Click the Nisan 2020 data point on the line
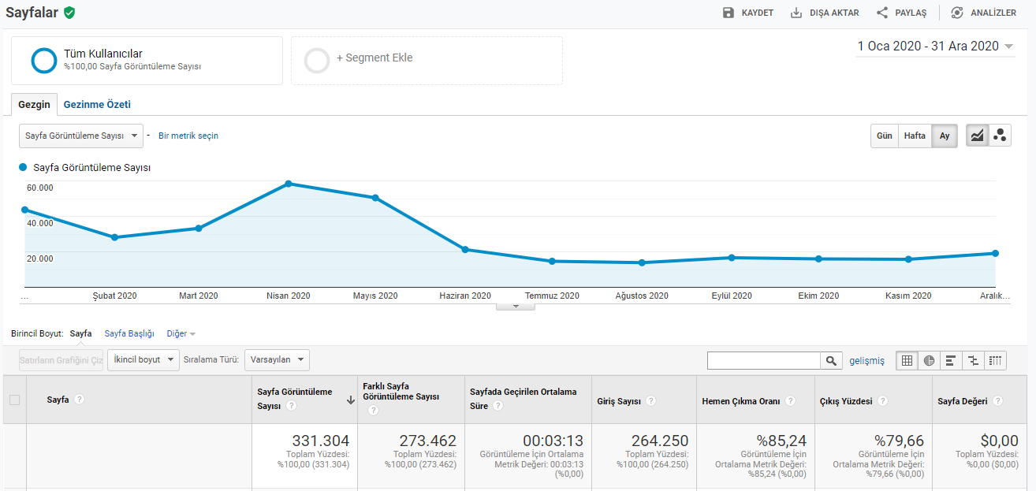[x=288, y=184]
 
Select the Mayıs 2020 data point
[x=375, y=198]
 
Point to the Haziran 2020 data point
[x=465, y=250]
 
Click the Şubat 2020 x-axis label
[x=114, y=296]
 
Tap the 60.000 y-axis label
[x=39, y=188]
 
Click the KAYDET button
[x=748, y=13]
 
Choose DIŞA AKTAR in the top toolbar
[x=825, y=13]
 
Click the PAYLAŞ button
[x=901, y=13]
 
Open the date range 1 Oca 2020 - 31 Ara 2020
[x=935, y=46]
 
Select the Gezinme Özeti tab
[x=97, y=105]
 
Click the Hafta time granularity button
[x=915, y=136]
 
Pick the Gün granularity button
[x=885, y=136]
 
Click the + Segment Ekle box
[x=427, y=61]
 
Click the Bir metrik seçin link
[x=188, y=136]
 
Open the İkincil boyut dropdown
[x=143, y=359]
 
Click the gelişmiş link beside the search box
[x=866, y=361]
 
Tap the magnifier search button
[x=831, y=361]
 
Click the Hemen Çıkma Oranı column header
[x=741, y=401]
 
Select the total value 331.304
[x=321, y=441]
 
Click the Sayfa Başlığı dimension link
[x=129, y=334]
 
